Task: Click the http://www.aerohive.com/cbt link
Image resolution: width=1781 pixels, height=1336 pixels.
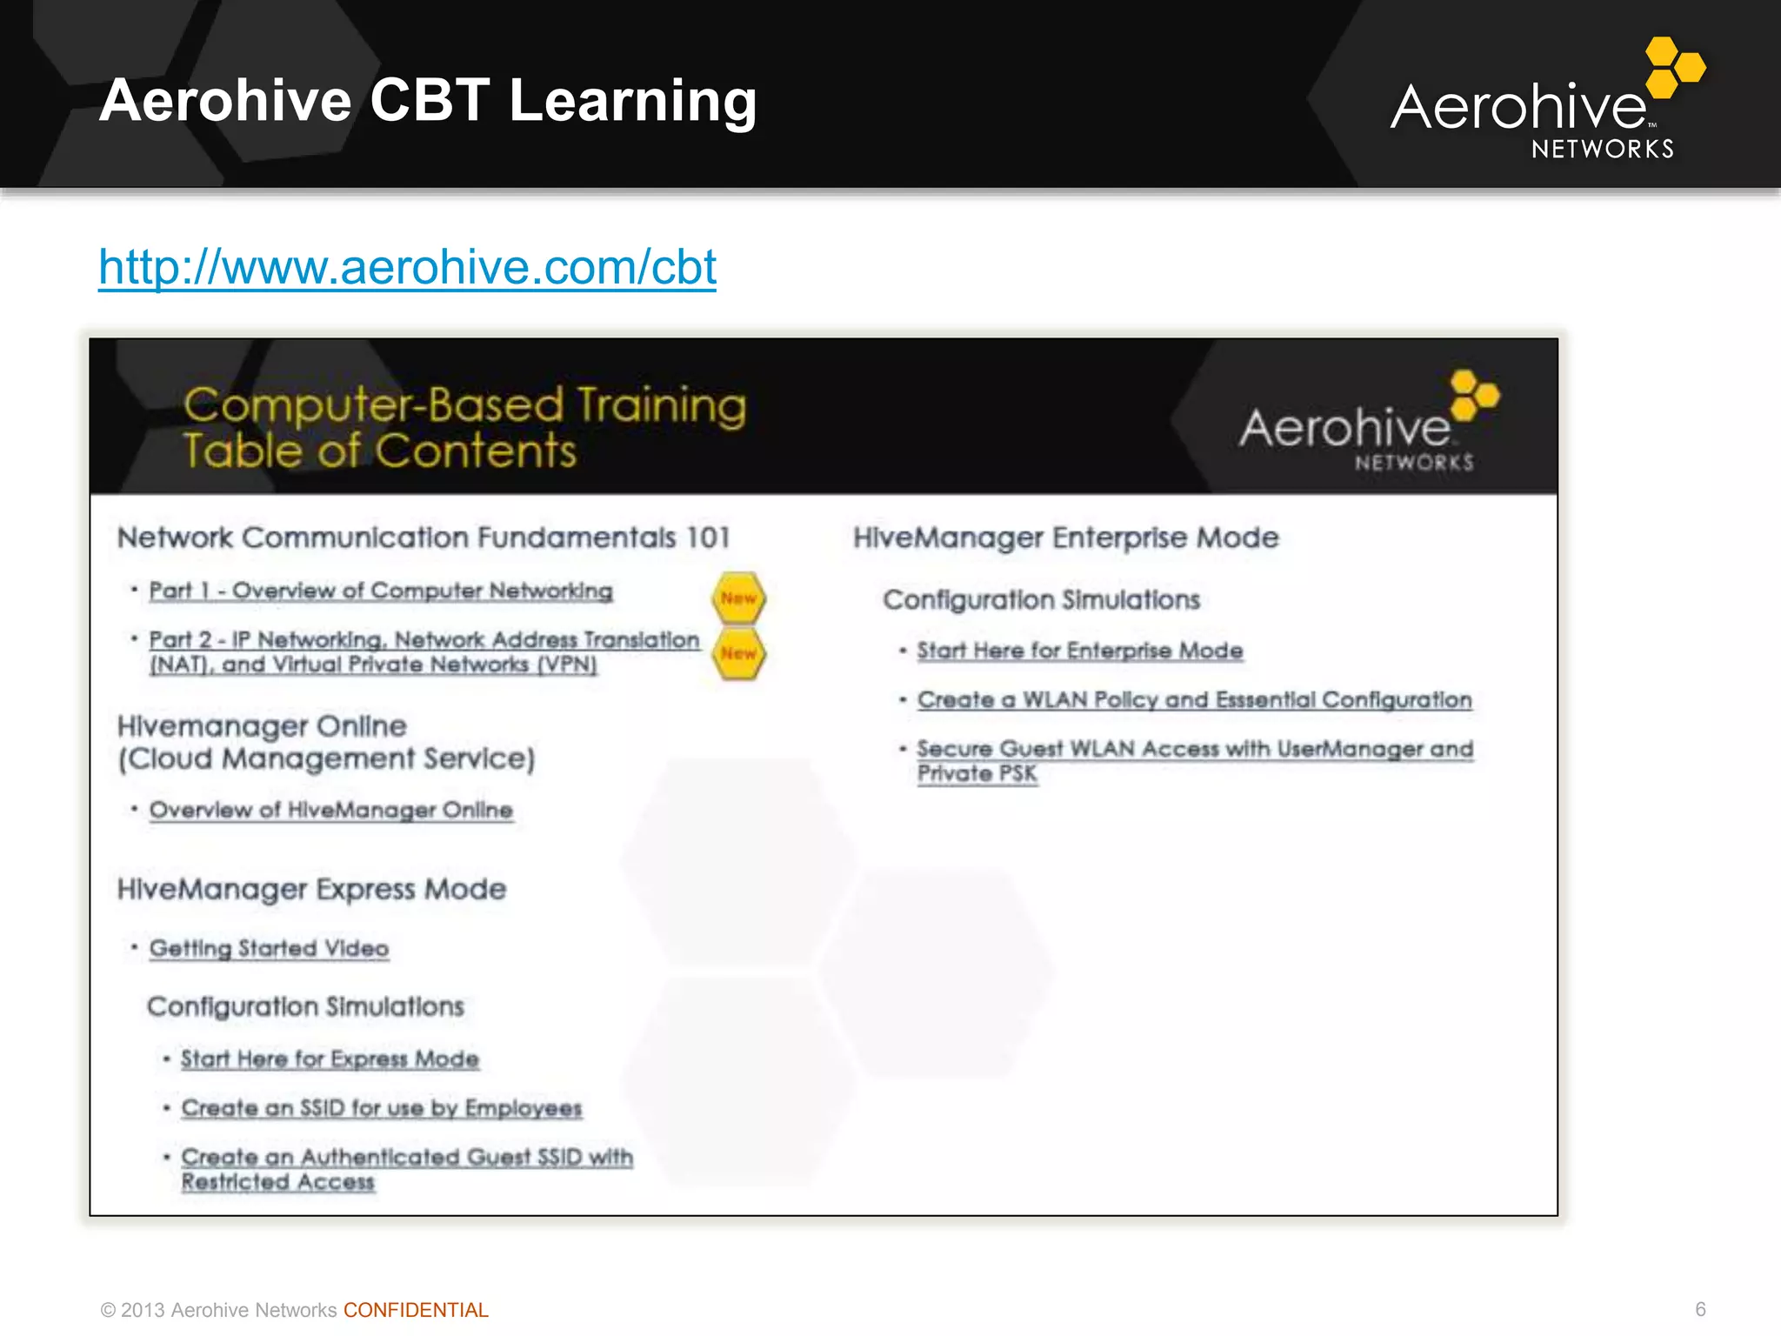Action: [407, 267]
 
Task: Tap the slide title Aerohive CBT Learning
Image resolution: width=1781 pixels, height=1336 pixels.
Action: [428, 101]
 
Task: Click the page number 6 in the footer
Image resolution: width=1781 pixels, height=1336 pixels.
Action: [1700, 1309]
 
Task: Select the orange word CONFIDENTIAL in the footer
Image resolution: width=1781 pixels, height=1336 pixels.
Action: [416, 1310]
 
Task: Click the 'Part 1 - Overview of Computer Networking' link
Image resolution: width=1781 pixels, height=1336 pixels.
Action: [381, 591]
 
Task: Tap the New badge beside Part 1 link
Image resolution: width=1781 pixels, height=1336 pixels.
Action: [738, 598]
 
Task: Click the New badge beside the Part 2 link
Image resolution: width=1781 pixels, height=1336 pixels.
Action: [738, 654]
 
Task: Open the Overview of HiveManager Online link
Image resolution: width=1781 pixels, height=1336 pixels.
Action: [330, 811]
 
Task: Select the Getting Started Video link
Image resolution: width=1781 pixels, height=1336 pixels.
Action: [269, 949]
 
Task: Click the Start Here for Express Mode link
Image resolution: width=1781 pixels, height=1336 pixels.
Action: [330, 1059]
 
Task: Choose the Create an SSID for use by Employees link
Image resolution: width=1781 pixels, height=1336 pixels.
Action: [381, 1109]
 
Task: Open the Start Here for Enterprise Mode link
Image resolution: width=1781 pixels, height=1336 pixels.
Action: [1079, 651]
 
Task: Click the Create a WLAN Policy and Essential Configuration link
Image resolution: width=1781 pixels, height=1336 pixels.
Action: [1194, 700]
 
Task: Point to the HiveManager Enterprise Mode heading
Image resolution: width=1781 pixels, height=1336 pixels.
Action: [1065, 538]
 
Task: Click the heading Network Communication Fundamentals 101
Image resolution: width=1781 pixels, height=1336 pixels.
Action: [424, 538]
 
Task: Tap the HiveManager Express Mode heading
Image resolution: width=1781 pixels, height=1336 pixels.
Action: [311, 890]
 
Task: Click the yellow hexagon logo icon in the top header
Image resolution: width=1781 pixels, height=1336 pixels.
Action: [1674, 66]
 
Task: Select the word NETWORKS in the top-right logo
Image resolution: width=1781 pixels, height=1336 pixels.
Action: [1602, 150]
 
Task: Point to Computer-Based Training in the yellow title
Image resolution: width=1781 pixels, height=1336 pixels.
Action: [464, 405]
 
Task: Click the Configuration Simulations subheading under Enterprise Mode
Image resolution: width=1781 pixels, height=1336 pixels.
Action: [1041, 600]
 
